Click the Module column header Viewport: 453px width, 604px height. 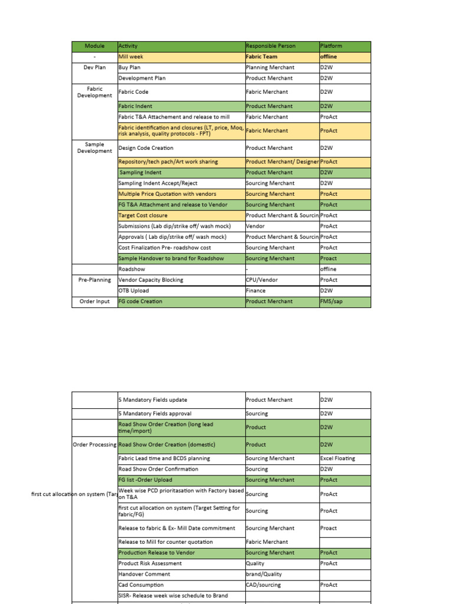[94, 46]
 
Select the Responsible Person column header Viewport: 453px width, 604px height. [271, 46]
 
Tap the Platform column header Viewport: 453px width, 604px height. [331, 46]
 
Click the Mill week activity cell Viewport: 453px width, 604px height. [131, 57]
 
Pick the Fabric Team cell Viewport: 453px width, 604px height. [261, 57]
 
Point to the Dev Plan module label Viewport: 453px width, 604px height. [94, 68]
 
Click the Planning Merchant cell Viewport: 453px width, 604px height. [270, 68]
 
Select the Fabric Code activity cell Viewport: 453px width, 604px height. [133, 92]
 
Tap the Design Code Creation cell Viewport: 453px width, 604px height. [146, 148]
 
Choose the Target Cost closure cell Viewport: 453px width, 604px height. [143, 215]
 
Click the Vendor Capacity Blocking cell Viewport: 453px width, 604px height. [150, 280]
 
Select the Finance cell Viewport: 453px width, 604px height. [256, 290]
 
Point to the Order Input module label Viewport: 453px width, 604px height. [94, 301]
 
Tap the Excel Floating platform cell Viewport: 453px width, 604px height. [337, 458]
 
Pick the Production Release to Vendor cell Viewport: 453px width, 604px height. [156, 553]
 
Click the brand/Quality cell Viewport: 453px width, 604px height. [264, 574]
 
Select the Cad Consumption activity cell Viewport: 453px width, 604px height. [141, 585]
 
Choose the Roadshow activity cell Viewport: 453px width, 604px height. [132, 269]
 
